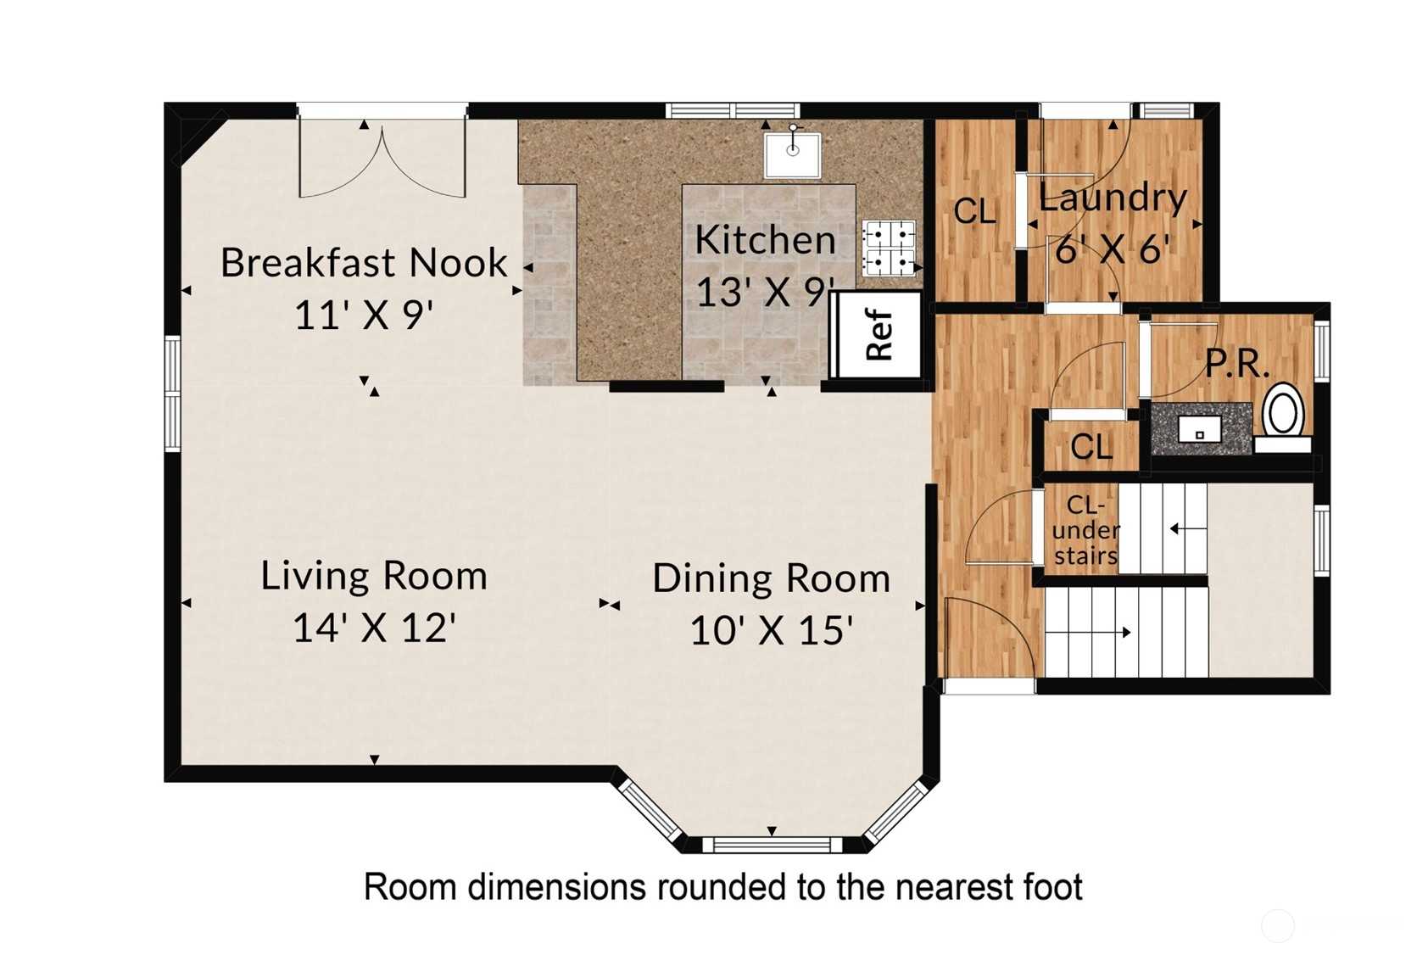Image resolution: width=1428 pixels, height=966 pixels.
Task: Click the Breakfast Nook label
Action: (364, 263)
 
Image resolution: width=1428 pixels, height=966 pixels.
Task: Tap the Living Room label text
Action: (374, 576)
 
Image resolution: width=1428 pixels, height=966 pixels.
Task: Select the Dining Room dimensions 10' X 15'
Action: (772, 630)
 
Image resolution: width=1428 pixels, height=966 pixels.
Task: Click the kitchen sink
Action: (792, 155)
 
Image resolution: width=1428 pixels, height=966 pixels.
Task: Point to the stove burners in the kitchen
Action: (890, 248)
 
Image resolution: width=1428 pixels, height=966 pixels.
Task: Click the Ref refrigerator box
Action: (877, 335)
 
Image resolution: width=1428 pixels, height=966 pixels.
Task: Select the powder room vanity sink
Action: (1199, 429)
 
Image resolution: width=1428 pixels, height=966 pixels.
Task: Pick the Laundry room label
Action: (1113, 198)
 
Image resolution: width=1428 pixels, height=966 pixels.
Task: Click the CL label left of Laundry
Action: (974, 211)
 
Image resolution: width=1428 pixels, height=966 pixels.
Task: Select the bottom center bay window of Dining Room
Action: (772, 846)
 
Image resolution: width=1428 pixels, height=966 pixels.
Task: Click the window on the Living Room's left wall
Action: (173, 394)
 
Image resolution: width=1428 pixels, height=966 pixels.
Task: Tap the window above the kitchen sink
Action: (734, 110)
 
